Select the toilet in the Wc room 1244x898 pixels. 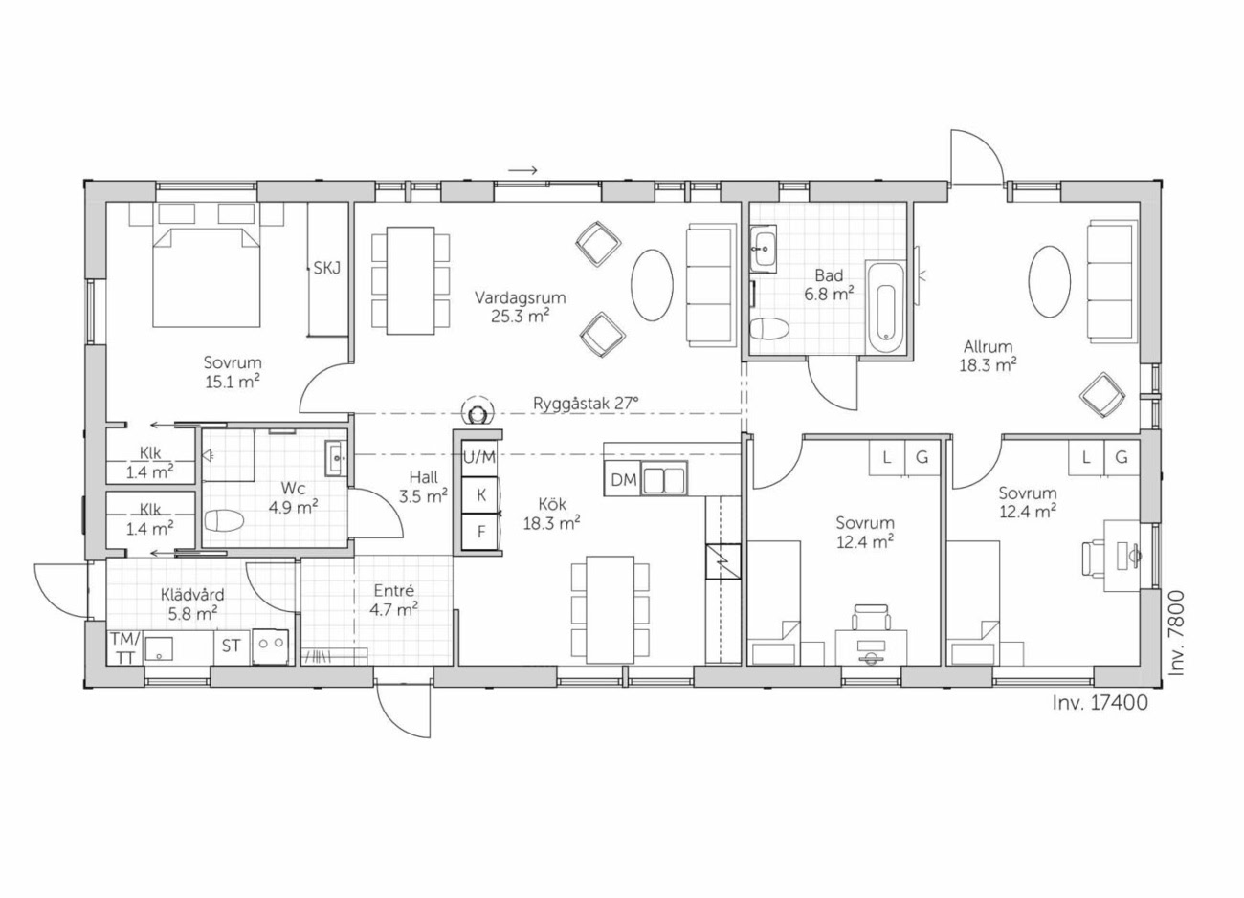tap(224, 520)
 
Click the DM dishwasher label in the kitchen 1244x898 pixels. tap(623, 479)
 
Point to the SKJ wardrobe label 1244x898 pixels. tap(326, 268)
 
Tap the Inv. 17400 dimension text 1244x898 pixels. tap(1100, 703)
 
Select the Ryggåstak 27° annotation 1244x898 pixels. tap(586, 403)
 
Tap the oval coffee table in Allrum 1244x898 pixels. tap(1050, 281)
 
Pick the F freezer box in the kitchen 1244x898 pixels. tap(481, 532)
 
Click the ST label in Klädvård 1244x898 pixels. tap(231, 646)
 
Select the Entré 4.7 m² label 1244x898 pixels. tap(393, 600)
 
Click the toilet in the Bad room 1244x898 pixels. tap(769, 329)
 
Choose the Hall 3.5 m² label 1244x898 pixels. tap(423, 487)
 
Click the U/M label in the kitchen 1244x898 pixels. tap(479, 457)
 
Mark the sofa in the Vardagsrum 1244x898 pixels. tap(711, 286)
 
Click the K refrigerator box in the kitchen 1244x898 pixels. tap(481, 494)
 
